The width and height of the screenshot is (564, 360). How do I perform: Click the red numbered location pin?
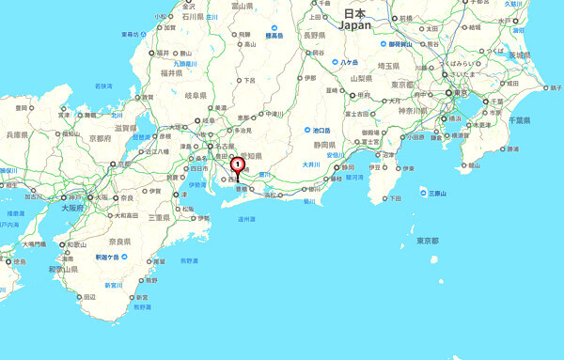[x=238, y=166]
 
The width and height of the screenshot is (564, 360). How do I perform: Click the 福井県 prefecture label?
[x=170, y=72]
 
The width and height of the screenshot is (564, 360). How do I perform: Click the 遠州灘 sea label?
[x=248, y=221]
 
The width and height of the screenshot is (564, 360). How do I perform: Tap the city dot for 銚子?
[x=547, y=88]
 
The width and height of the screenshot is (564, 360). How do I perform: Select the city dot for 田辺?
[x=78, y=296]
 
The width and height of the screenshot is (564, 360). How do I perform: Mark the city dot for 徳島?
[x=9, y=261]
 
